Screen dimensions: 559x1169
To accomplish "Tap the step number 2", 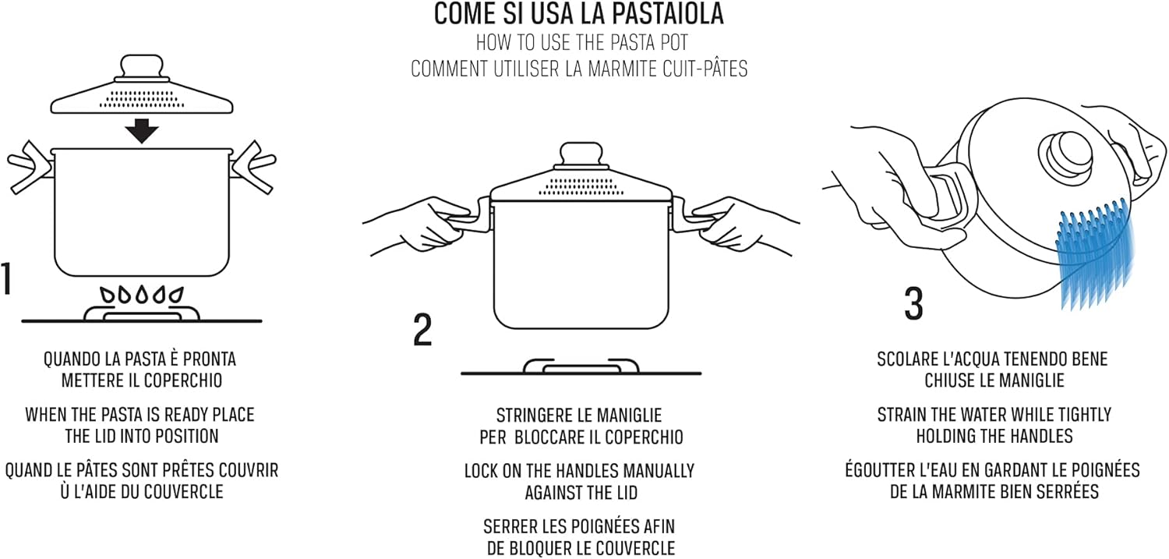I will (x=422, y=331).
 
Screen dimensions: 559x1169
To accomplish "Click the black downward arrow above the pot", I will (x=142, y=130).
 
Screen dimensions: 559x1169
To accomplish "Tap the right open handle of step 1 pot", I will (x=254, y=167).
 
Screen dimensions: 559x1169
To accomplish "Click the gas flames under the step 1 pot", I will (x=142, y=295).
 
